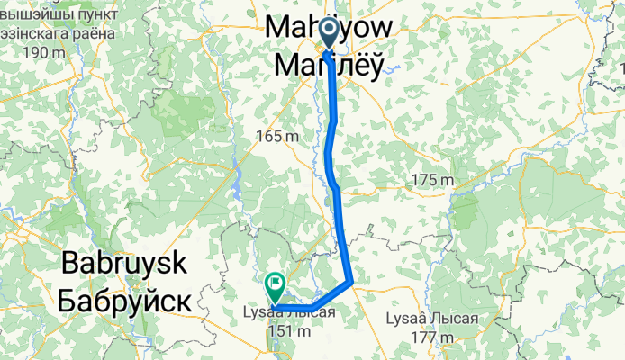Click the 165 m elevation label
[277, 137]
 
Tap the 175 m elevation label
[431, 180]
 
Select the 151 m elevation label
[288, 331]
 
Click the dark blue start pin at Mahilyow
[327, 34]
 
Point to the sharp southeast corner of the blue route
[351, 283]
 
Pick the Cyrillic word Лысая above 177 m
[450, 319]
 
